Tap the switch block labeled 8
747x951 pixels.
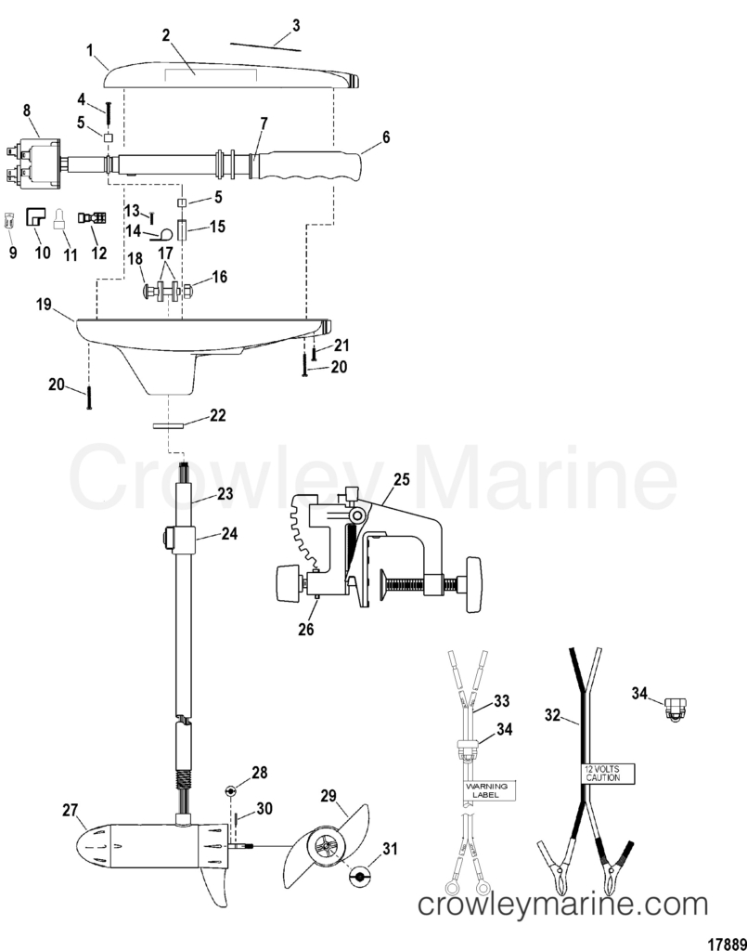[33, 163]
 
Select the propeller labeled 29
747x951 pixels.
[326, 846]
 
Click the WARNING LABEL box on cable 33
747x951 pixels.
[490, 790]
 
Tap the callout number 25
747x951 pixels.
[402, 479]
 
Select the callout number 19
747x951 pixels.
[44, 304]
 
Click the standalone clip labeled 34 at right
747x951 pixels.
[676, 710]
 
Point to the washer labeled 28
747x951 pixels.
[230, 790]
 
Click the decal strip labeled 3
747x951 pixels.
[265, 46]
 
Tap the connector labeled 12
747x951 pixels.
[92, 217]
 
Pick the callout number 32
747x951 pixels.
[552, 715]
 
